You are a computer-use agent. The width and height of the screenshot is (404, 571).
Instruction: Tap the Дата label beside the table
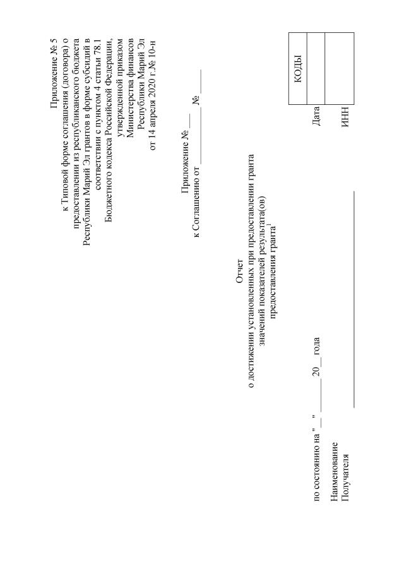click(316, 116)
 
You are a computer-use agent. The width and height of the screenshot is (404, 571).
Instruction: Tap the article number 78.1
click(97, 42)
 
